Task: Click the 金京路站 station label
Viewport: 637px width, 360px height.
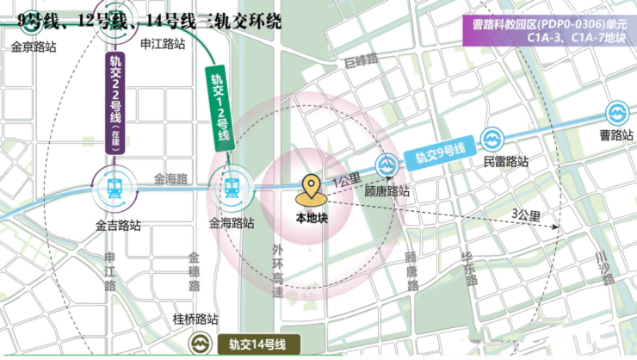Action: click(x=34, y=47)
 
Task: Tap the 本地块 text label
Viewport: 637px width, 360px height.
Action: click(x=312, y=218)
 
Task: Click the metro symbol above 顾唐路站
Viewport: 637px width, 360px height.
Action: click(x=386, y=164)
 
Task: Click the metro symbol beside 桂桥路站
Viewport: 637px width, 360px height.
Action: click(x=201, y=344)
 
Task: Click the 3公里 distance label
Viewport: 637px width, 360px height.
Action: click(x=525, y=215)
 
